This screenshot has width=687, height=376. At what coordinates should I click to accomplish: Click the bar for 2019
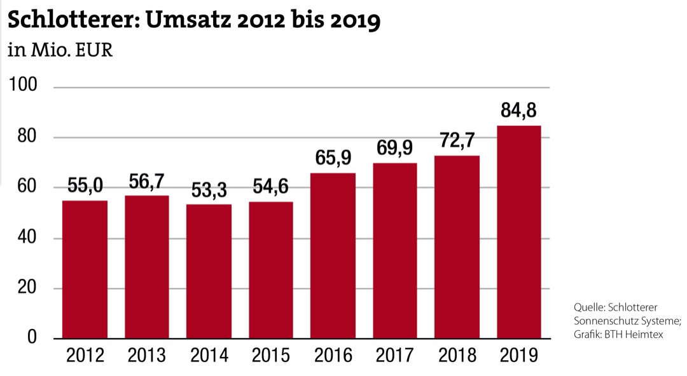518,232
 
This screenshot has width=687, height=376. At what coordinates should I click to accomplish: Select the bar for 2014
209,271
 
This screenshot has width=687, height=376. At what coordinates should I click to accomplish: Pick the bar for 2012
85,269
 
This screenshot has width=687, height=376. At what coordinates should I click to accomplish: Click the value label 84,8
518,111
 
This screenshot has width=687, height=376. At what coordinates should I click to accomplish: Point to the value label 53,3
209,189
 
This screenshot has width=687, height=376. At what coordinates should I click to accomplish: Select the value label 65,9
333,158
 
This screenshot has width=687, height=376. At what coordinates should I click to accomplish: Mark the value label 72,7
457,140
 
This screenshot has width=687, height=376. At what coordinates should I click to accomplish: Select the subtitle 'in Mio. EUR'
60,51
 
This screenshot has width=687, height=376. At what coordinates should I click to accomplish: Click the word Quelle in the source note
589,306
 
